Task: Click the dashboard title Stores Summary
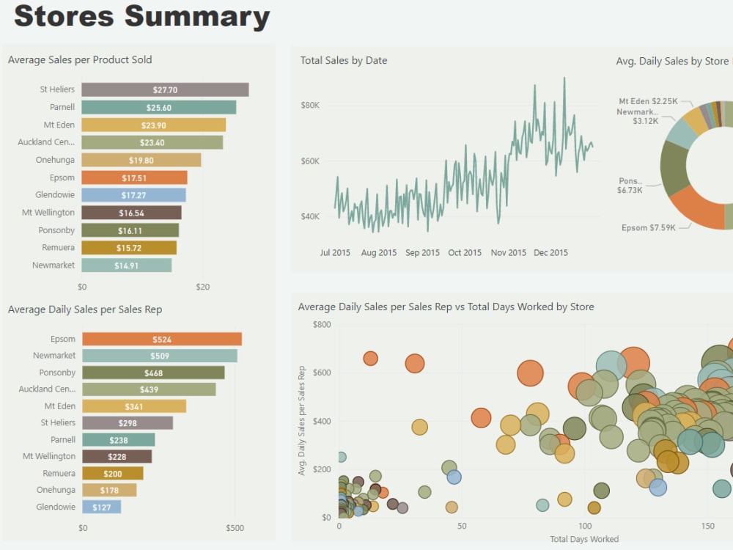pyautogui.click(x=141, y=16)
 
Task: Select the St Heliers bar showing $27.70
pyautogui.click(x=165, y=89)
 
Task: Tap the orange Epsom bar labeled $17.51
pyautogui.click(x=134, y=177)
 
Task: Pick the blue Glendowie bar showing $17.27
pyautogui.click(x=133, y=195)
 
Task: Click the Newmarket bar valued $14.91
pyautogui.click(x=126, y=265)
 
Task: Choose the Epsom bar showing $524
pyautogui.click(x=161, y=339)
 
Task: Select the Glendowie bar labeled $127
pyautogui.click(x=101, y=507)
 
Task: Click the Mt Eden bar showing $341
pyautogui.click(x=133, y=406)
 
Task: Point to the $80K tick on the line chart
pyautogui.click(x=310, y=106)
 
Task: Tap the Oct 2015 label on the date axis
pyautogui.click(x=465, y=253)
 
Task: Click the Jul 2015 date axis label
pyautogui.click(x=335, y=253)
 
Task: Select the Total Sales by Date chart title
pyautogui.click(x=343, y=61)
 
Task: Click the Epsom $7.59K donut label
pyautogui.click(x=648, y=228)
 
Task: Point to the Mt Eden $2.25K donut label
pyautogui.click(x=648, y=101)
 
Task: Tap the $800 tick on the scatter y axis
pyautogui.click(x=321, y=324)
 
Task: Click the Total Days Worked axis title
pyautogui.click(x=583, y=539)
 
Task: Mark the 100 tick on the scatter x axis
pyautogui.click(x=584, y=527)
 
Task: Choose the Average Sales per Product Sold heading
pyautogui.click(x=80, y=60)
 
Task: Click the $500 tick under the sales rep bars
pyautogui.click(x=235, y=528)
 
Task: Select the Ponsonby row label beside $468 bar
pyautogui.click(x=57, y=373)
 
